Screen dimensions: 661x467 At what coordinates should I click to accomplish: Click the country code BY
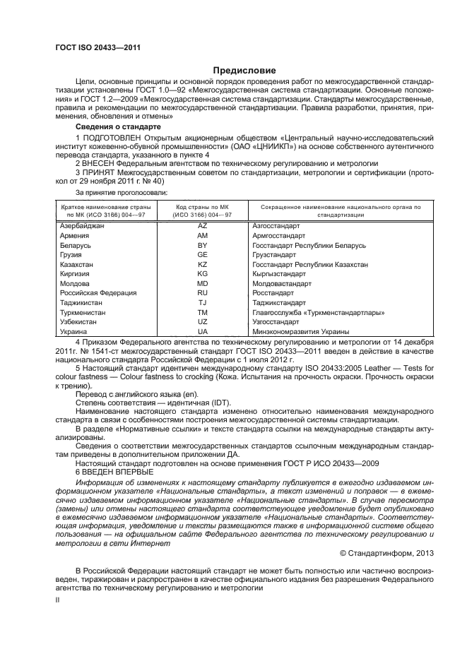[202, 245]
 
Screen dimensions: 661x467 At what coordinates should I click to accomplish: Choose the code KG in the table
[202, 273]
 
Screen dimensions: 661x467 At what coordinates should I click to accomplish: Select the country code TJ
[202, 302]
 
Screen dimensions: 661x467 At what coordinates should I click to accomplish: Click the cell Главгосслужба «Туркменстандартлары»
[318, 311]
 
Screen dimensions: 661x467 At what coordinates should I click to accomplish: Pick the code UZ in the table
[202, 321]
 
